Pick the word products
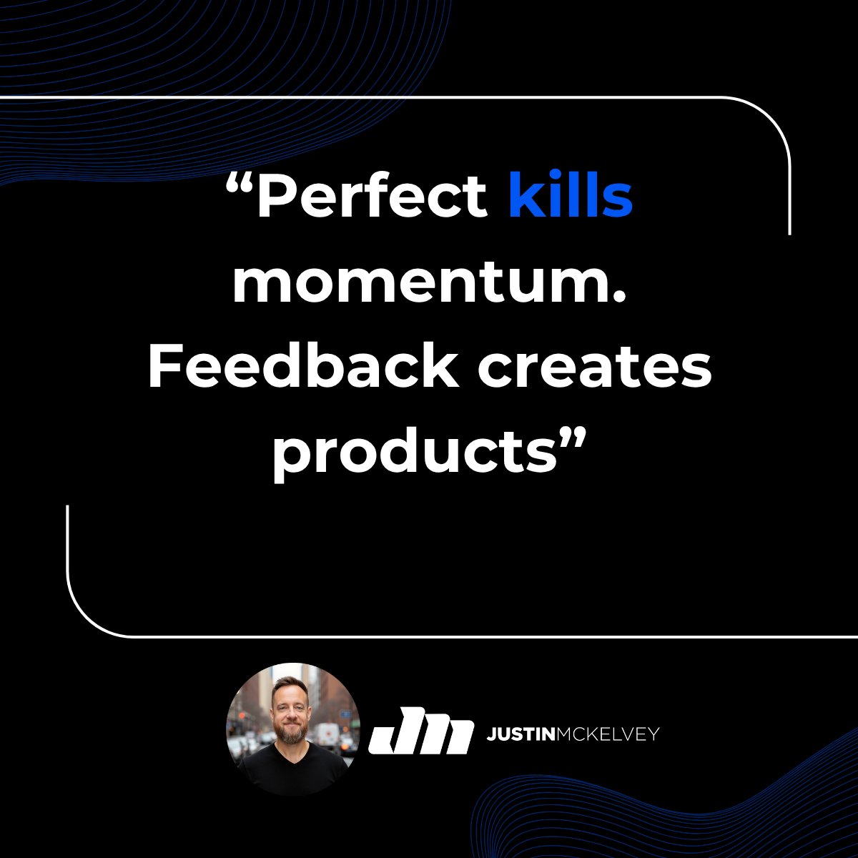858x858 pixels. (x=413, y=453)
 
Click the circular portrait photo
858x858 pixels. (x=292, y=729)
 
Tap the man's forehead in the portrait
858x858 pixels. (x=291, y=692)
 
